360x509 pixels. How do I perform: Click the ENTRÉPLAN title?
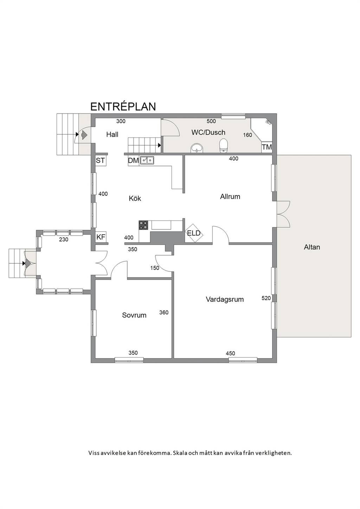click(123, 107)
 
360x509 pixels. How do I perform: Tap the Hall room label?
click(112, 135)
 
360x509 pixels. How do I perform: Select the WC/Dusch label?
click(208, 132)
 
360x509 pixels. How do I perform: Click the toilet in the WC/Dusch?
click(224, 145)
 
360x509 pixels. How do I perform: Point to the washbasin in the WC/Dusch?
click(197, 148)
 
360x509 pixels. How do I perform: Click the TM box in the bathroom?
click(267, 147)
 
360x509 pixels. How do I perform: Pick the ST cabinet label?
click(100, 160)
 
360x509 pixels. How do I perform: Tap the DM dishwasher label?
click(133, 160)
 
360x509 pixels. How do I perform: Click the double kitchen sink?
click(147, 160)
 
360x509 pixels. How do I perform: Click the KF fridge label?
click(101, 237)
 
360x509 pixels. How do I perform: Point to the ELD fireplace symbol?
click(194, 233)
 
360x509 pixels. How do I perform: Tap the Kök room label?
click(135, 198)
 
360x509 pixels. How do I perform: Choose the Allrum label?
click(230, 196)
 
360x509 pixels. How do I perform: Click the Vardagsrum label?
click(225, 299)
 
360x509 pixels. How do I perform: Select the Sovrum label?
click(134, 315)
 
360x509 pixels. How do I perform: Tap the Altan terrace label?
click(312, 247)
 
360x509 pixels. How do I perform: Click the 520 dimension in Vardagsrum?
click(266, 298)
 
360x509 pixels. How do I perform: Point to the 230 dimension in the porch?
click(64, 239)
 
